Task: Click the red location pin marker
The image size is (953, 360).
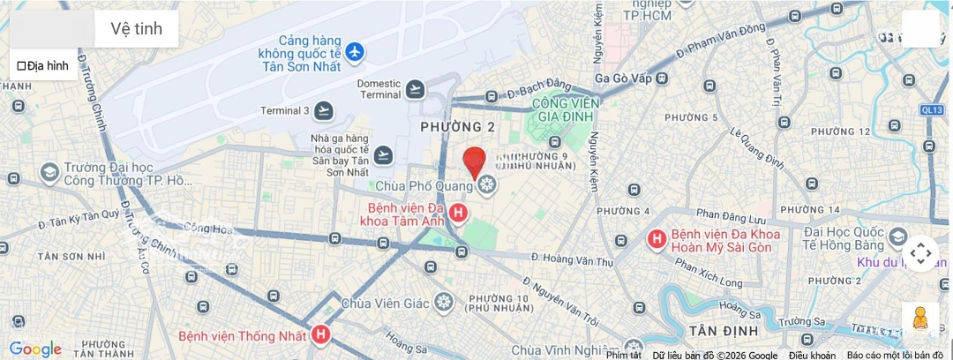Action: (475, 161)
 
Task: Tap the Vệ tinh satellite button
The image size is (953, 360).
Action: (136, 28)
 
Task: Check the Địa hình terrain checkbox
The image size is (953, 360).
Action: (22, 65)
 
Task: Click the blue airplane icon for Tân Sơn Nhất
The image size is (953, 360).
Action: (355, 53)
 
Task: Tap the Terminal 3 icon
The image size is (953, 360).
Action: (325, 111)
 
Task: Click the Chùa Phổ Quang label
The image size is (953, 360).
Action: (424, 186)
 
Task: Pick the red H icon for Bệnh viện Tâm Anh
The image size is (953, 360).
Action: (458, 213)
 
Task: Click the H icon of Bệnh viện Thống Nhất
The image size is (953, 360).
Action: (321, 335)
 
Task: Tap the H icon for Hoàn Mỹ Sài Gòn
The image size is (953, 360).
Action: (657, 239)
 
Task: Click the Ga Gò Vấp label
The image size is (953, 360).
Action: (623, 79)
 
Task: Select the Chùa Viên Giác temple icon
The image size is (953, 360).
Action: (443, 303)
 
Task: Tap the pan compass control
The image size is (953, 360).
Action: (920, 254)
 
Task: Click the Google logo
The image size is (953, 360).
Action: (35, 349)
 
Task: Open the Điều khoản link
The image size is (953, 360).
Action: (812, 355)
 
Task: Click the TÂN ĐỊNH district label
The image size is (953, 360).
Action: (723, 330)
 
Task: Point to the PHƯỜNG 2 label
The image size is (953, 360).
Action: (457, 127)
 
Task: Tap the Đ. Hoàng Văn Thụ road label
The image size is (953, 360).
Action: (578, 259)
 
